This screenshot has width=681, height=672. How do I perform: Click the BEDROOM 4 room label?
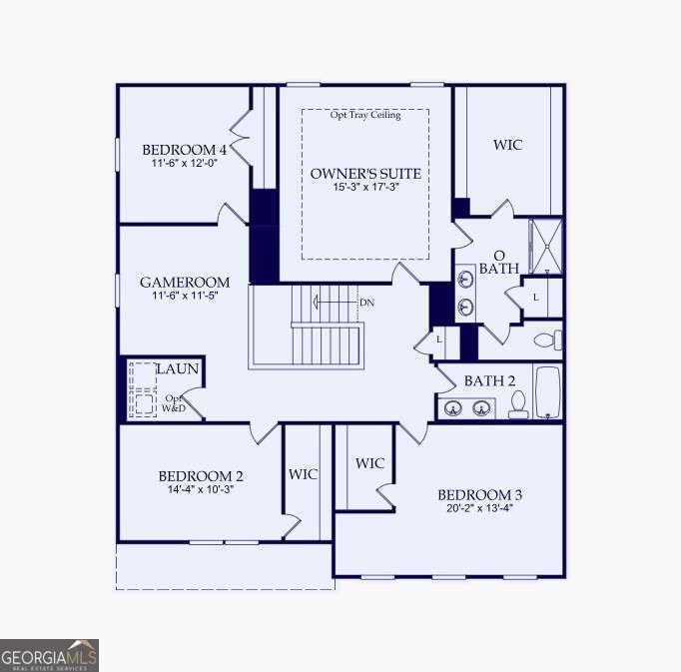click(x=185, y=150)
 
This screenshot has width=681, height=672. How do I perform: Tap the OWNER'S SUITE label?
click(x=365, y=174)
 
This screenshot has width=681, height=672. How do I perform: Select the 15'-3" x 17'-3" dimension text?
click(x=365, y=188)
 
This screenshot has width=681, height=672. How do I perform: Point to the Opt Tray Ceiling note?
click(x=365, y=115)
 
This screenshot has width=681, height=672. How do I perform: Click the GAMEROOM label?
click(x=185, y=283)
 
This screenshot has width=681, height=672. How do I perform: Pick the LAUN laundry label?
click(x=177, y=369)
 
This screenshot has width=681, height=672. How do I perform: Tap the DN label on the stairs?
click(x=366, y=303)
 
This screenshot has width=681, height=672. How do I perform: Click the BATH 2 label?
click(x=489, y=381)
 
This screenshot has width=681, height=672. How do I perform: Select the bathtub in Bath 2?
click(x=548, y=392)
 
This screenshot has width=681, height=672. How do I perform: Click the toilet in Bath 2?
click(x=518, y=404)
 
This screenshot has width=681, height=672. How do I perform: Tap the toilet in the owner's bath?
click(x=547, y=339)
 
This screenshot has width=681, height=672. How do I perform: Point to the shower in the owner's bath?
click(x=545, y=246)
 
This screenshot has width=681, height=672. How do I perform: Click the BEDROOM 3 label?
click(x=480, y=495)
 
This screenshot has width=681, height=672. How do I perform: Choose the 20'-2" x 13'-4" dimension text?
click(x=480, y=508)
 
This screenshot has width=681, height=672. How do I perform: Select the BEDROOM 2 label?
click(x=201, y=476)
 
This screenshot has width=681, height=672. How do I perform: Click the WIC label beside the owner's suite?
click(x=507, y=145)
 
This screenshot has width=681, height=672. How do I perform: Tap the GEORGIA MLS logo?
click(x=49, y=656)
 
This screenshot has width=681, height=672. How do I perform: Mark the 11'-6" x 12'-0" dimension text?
click(x=185, y=163)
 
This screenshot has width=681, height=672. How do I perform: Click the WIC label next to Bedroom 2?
click(x=304, y=474)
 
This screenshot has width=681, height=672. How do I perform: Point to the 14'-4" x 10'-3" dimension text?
click(x=201, y=489)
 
